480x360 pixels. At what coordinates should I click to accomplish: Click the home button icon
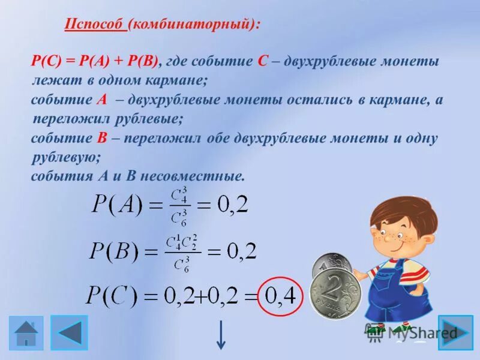(26, 333)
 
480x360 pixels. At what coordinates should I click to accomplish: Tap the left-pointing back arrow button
(69, 333)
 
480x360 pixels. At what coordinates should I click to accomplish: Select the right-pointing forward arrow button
(455, 332)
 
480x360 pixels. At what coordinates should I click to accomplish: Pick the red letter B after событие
(101, 138)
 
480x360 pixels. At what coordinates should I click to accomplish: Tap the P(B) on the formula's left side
(114, 250)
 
